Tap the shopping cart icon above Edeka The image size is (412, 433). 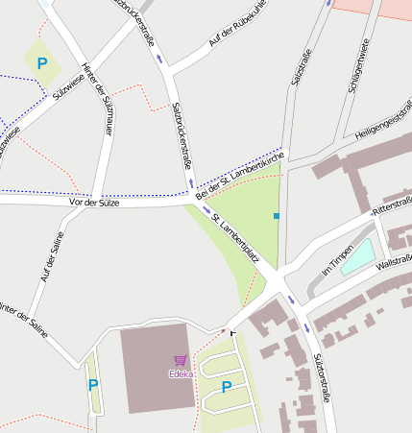(180, 361)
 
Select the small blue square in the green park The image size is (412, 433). (277, 216)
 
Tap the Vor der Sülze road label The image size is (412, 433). (93, 203)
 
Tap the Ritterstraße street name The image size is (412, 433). (391, 207)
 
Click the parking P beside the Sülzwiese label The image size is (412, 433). (41, 63)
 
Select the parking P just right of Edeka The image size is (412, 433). (227, 387)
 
